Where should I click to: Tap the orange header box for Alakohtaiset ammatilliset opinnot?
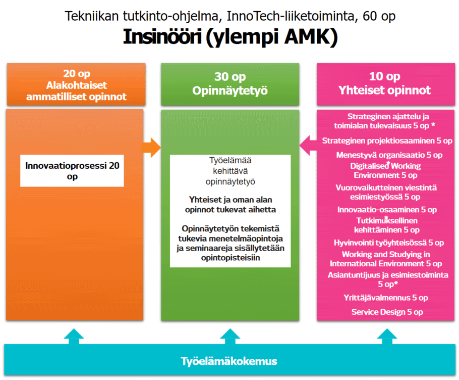[76, 85]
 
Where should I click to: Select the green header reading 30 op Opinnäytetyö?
[229, 84]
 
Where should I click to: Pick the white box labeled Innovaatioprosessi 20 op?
[72, 171]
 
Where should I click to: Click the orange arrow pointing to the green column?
[151, 148]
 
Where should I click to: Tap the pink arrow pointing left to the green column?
[308, 146]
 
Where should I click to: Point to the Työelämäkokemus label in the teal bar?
[229, 361]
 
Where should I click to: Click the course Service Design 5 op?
[387, 312]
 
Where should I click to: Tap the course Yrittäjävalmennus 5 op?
[387, 298]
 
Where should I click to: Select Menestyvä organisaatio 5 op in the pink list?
[389, 155]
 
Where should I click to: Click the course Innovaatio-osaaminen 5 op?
[387, 209]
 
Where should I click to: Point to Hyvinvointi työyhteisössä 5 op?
[388, 243]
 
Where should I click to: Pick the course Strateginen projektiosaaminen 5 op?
[387, 140]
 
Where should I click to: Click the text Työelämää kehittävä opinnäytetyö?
[229, 171]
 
